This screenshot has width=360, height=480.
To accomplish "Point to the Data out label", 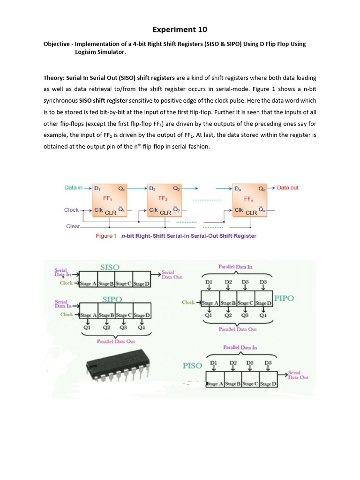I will click(x=287, y=187).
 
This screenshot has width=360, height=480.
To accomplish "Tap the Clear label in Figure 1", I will click(x=72, y=226).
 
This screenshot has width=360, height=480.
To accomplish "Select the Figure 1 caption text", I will click(x=176, y=236).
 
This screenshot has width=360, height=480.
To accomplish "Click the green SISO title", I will click(x=110, y=267).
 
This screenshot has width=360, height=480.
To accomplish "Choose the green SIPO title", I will click(x=112, y=299).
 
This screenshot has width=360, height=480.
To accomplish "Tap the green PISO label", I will click(x=192, y=365).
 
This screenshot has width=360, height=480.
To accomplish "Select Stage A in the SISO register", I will click(x=88, y=284).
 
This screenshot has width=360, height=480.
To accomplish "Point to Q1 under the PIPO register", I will click(x=209, y=315).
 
